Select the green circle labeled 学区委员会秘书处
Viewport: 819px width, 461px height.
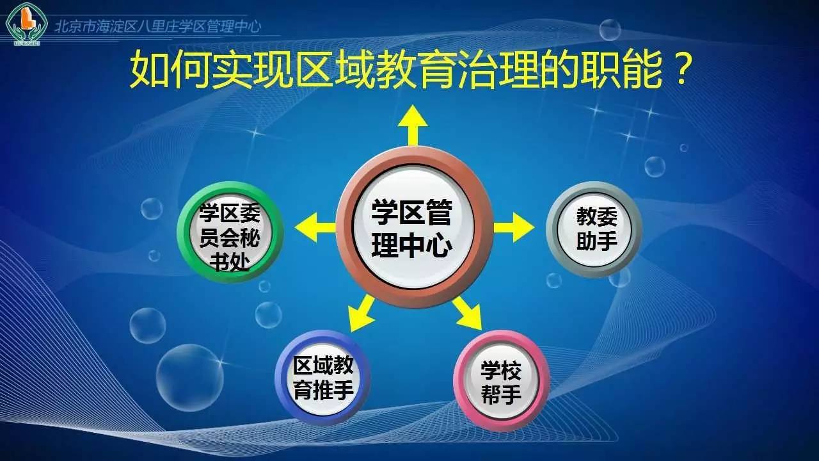point(230,231)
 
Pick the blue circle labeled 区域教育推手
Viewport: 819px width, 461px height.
point(322,378)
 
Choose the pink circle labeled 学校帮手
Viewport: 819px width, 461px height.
point(501,381)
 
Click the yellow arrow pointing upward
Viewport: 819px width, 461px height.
point(414,125)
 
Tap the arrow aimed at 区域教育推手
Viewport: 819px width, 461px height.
point(362,313)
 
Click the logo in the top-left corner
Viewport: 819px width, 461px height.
point(22,24)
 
